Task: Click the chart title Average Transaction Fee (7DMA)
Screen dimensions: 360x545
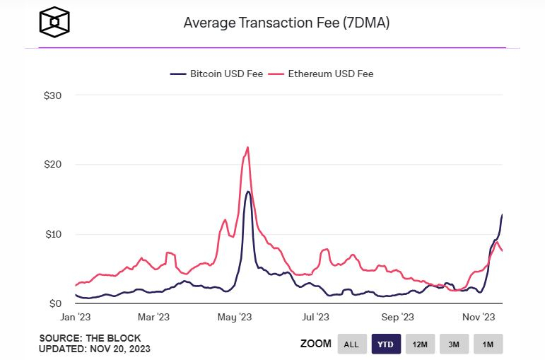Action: tap(286, 23)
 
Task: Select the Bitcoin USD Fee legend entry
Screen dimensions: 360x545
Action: tap(216, 74)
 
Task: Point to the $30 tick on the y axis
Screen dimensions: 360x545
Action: tap(53, 95)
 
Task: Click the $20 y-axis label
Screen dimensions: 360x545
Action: tap(53, 164)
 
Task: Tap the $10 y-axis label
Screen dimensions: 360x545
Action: tap(53, 234)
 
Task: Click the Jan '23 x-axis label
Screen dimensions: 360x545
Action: tap(74, 318)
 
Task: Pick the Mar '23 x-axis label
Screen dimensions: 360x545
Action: tap(153, 318)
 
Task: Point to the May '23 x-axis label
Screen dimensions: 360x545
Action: tap(235, 318)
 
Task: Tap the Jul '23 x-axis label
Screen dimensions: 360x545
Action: tap(315, 318)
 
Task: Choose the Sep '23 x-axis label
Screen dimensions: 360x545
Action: tap(397, 318)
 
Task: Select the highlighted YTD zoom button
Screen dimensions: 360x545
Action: tap(386, 344)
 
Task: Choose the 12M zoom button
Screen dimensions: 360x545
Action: tap(420, 344)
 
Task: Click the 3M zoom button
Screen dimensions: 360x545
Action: tap(454, 344)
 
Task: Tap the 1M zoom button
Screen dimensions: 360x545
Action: tap(488, 344)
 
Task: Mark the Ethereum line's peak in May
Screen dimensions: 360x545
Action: tap(247, 147)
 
